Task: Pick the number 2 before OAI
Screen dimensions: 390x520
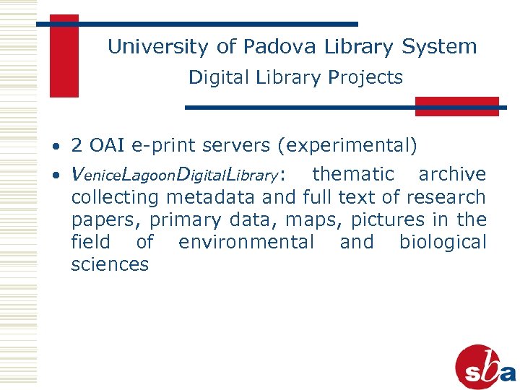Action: (77, 146)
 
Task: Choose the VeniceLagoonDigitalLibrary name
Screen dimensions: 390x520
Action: (176, 175)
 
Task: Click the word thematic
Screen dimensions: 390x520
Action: (353, 174)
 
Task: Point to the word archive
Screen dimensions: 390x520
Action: (452, 174)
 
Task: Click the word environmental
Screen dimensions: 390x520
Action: (246, 242)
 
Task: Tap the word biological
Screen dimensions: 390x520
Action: (443, 242)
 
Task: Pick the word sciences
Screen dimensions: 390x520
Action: (110, 264)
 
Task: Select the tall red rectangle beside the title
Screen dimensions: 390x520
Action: (64, 56)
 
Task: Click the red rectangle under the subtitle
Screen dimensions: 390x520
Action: (456, 106)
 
